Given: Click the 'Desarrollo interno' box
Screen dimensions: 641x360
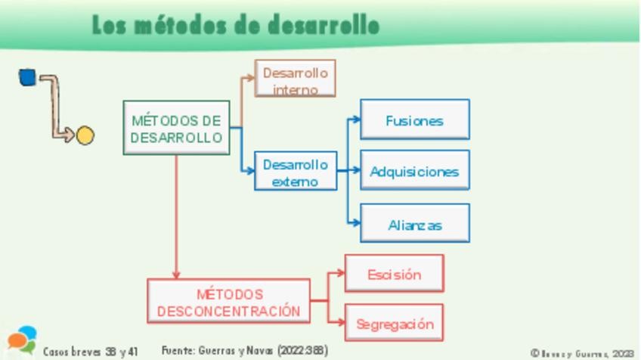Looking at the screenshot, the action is pyautogui.click(x=295, y=78).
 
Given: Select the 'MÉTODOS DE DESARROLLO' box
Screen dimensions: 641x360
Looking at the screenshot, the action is pyautogui.click(x=176, y=128).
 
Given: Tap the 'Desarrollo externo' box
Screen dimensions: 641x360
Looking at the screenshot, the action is pyautogui.click(x=295, y=172).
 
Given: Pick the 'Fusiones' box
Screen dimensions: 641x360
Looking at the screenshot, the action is pyautogui.click(x=414, y=119).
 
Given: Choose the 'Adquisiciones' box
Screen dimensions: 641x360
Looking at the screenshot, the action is pyautogui.click(x=414, y=170).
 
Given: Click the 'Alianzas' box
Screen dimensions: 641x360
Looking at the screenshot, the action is pyautogui.click(x=414, y=224).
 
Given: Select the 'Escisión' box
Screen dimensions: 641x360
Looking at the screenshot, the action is pyautogui.click(x=394, y=274).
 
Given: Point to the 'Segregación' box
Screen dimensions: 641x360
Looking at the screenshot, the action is pyautogui.click(x=394, y=324).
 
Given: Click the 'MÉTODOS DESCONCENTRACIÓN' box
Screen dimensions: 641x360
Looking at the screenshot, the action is pyautogui.click(x=228, y=302).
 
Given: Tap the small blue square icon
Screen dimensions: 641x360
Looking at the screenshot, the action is pyautogui.click(x=27, y=77).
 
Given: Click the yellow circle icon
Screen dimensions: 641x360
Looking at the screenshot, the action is pyautogui.click(x=85, y=136).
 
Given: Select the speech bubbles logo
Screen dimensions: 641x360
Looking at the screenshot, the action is pyautogui.click(x=22, y=340).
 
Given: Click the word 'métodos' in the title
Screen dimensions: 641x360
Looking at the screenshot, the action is pyautogui.click(x=181, y=25).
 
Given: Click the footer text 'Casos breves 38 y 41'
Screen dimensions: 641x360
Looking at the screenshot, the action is pyautogui.click(x=91, y=352).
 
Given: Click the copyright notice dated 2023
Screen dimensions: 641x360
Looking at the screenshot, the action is pyautogui.click(x=581, y=353).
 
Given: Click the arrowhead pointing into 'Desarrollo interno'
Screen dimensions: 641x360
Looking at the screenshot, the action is pyautogui.click(x=251, y=77).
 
